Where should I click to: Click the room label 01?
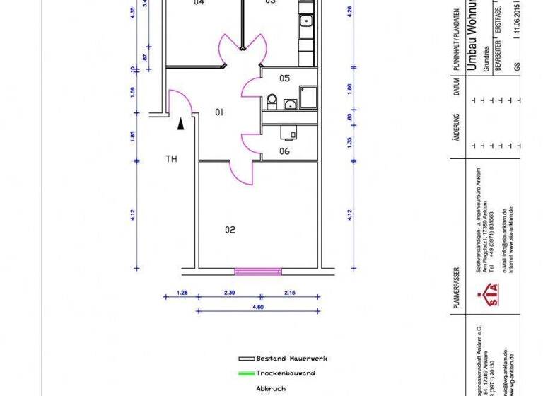coord(219,112)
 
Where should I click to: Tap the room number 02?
coord(230,229)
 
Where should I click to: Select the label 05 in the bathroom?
coord(285,78)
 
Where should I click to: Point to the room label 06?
coord(284,151)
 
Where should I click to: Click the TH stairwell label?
coord(171,159)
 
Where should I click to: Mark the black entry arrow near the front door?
coord(181,124)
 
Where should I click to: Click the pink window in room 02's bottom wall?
coord(258,270)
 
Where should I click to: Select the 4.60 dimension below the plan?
coord(258,306)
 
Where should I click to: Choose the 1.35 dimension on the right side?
coord(349,141)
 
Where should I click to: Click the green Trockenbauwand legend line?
coord(246,373)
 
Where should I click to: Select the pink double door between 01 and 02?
coord(241,170)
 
